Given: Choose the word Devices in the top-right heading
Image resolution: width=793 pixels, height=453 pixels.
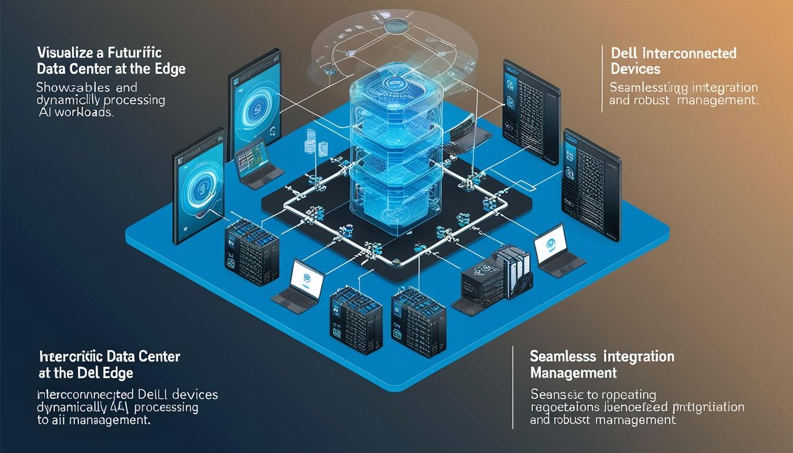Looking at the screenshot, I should (x=635, y=69).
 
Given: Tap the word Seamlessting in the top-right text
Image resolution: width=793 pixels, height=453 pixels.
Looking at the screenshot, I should (x=648, y=88).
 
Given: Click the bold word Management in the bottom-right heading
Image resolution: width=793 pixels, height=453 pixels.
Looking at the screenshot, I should (x=574, y=373).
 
